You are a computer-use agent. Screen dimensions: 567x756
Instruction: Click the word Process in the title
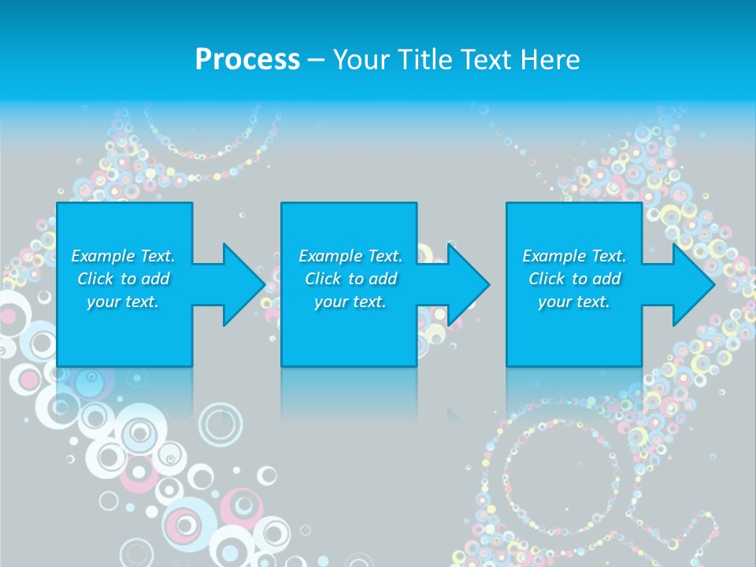(x=247, y=60)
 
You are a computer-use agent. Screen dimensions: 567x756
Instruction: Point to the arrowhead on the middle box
(x=467, y=285)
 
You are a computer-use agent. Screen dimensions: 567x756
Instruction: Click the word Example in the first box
(x=102, y=256)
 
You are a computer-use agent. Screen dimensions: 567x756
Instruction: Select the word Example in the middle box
(x=330, y=256)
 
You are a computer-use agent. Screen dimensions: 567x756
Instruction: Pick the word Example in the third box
(x=554, y=256)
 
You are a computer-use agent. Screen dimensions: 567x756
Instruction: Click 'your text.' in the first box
(x=122, y=302)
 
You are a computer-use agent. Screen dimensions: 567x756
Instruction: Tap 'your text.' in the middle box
(x=350, y=302)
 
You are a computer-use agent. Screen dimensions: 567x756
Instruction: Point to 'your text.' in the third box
(x=573, y=302)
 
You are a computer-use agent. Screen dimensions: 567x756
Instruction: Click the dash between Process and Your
(x=316, y=60)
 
